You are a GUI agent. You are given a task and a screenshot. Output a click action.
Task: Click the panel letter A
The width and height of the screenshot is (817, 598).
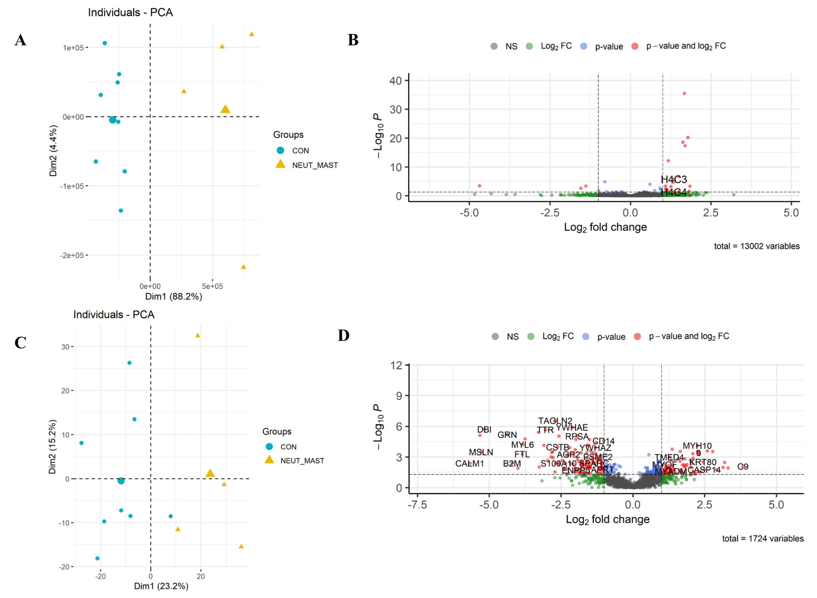(x=20, y=40)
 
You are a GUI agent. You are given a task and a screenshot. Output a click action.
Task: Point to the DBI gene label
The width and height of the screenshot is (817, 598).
(x=484, y=430)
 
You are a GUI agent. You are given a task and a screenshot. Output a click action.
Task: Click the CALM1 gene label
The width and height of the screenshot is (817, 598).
(x=470, y=464)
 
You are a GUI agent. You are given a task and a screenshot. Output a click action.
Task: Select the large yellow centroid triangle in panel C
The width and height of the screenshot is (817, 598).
(x=210, y=473)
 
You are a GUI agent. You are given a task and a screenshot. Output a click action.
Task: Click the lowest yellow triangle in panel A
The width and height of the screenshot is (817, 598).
(x=244, y=267)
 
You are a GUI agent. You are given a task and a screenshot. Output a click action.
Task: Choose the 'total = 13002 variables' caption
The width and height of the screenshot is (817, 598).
(x=757, y=246)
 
